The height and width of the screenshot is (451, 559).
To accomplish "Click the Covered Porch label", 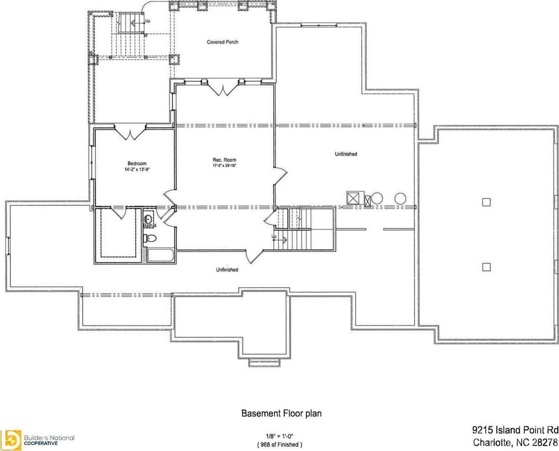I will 222,42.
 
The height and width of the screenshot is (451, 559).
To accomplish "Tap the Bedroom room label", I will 137,163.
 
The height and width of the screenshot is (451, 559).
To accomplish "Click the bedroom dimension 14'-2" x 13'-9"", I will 137,169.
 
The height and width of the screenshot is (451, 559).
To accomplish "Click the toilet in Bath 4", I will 151,238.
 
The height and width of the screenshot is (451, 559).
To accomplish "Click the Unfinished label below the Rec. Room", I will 227,269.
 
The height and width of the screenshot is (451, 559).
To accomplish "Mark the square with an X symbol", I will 353,198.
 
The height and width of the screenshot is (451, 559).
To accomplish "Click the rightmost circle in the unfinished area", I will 400,198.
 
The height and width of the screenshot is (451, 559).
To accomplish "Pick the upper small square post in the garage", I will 486,202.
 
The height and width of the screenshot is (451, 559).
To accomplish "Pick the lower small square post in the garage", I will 486,267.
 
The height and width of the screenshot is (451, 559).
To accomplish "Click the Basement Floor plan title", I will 281,413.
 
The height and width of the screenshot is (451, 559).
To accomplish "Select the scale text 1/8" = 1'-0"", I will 279,435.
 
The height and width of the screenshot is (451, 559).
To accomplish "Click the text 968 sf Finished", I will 279,444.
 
